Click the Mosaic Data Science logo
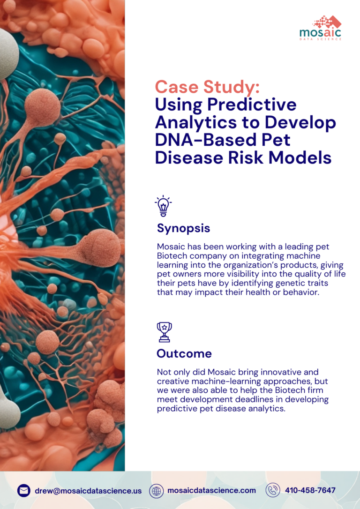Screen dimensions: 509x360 tap(320, 28)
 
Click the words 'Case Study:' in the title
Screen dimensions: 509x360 tap(207, 87)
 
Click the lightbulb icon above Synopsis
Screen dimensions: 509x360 tap(163, 206)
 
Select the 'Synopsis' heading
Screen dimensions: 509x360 tap(183, 228)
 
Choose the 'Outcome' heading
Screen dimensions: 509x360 tap(184, 353)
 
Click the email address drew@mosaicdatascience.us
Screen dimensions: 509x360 tap(88, 491)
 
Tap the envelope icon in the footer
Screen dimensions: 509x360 tap(24, 491)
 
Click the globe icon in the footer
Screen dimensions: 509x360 tap(157, 491)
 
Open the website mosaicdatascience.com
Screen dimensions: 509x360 tap(211, 491)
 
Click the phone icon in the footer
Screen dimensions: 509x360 tap(273, 490)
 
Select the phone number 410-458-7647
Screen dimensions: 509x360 tap(310, 491)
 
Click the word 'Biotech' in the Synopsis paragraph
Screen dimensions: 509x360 tap(170, 255)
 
